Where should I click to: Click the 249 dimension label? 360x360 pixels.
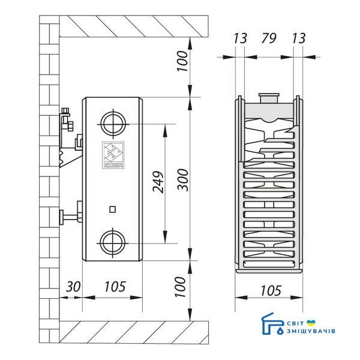click(158, 182)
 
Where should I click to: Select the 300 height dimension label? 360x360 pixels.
click(183, 180)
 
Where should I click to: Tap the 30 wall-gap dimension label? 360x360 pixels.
click(73, 286)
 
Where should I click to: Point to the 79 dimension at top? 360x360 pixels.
click(268, 38)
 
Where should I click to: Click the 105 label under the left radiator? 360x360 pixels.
click(115, 286)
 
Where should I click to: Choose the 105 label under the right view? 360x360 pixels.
click(271, 290)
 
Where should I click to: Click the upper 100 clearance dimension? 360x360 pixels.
click(182, 61)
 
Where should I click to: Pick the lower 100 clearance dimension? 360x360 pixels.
click(180, 287)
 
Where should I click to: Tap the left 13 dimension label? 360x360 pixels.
click(240, 38)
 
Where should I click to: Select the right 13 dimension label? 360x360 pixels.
click(298, 38)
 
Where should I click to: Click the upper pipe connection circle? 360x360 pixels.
click(113, 124)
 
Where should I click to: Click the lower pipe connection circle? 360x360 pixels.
click(113, 243)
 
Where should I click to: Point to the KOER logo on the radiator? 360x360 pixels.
click(113, 155)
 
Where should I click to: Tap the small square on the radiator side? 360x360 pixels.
click(112, 209)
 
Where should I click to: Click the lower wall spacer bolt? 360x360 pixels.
click(71, 215)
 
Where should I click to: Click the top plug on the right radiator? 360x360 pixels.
click(269, 98)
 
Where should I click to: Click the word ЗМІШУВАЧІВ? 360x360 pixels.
click(311, 331)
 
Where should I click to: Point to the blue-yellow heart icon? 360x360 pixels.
click(311, 323)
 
